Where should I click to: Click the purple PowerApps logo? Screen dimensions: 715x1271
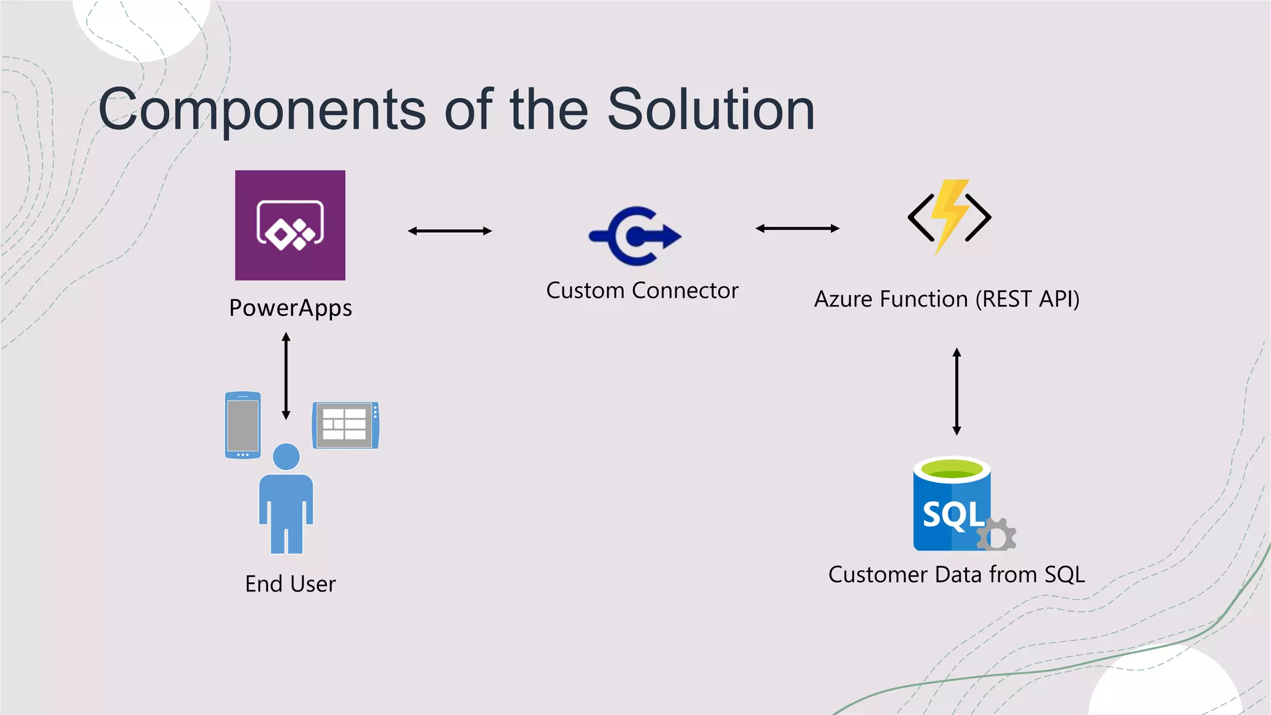tap(290, 225)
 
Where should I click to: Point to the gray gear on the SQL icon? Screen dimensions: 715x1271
tap(997, 535)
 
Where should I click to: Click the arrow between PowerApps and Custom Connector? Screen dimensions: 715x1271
tap(449, 231)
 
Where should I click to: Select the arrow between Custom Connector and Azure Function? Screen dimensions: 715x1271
tap(797, 228)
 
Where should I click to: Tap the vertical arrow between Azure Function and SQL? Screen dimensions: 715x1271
tap(956, 391)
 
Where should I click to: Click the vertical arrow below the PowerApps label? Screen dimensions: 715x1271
tap(286, 376)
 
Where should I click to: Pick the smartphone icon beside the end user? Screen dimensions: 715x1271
tap(243, 425)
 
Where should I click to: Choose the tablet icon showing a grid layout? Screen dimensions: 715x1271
tap(345, 425)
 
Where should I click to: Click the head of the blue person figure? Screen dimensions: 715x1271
tap(286, 457)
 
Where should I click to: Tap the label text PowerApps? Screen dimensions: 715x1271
tap(290, 308)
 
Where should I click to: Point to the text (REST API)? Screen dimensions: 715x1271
tap(1027, 299)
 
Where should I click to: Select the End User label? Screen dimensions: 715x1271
tap(290, 584)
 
